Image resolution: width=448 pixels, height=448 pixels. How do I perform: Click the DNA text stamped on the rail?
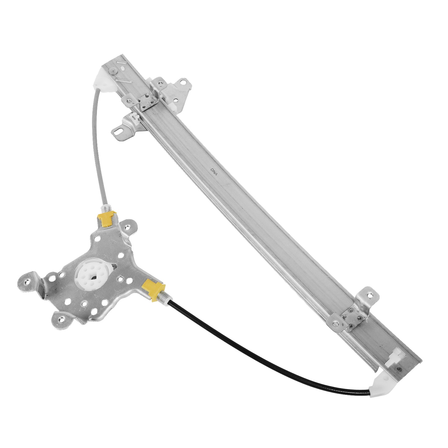coord(214,171)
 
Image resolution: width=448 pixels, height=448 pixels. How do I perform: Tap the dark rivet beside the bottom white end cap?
coord(399,369)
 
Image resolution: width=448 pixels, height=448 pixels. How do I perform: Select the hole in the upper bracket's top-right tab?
coord(185,82)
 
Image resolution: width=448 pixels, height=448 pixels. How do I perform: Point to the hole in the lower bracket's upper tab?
coord(370,292)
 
